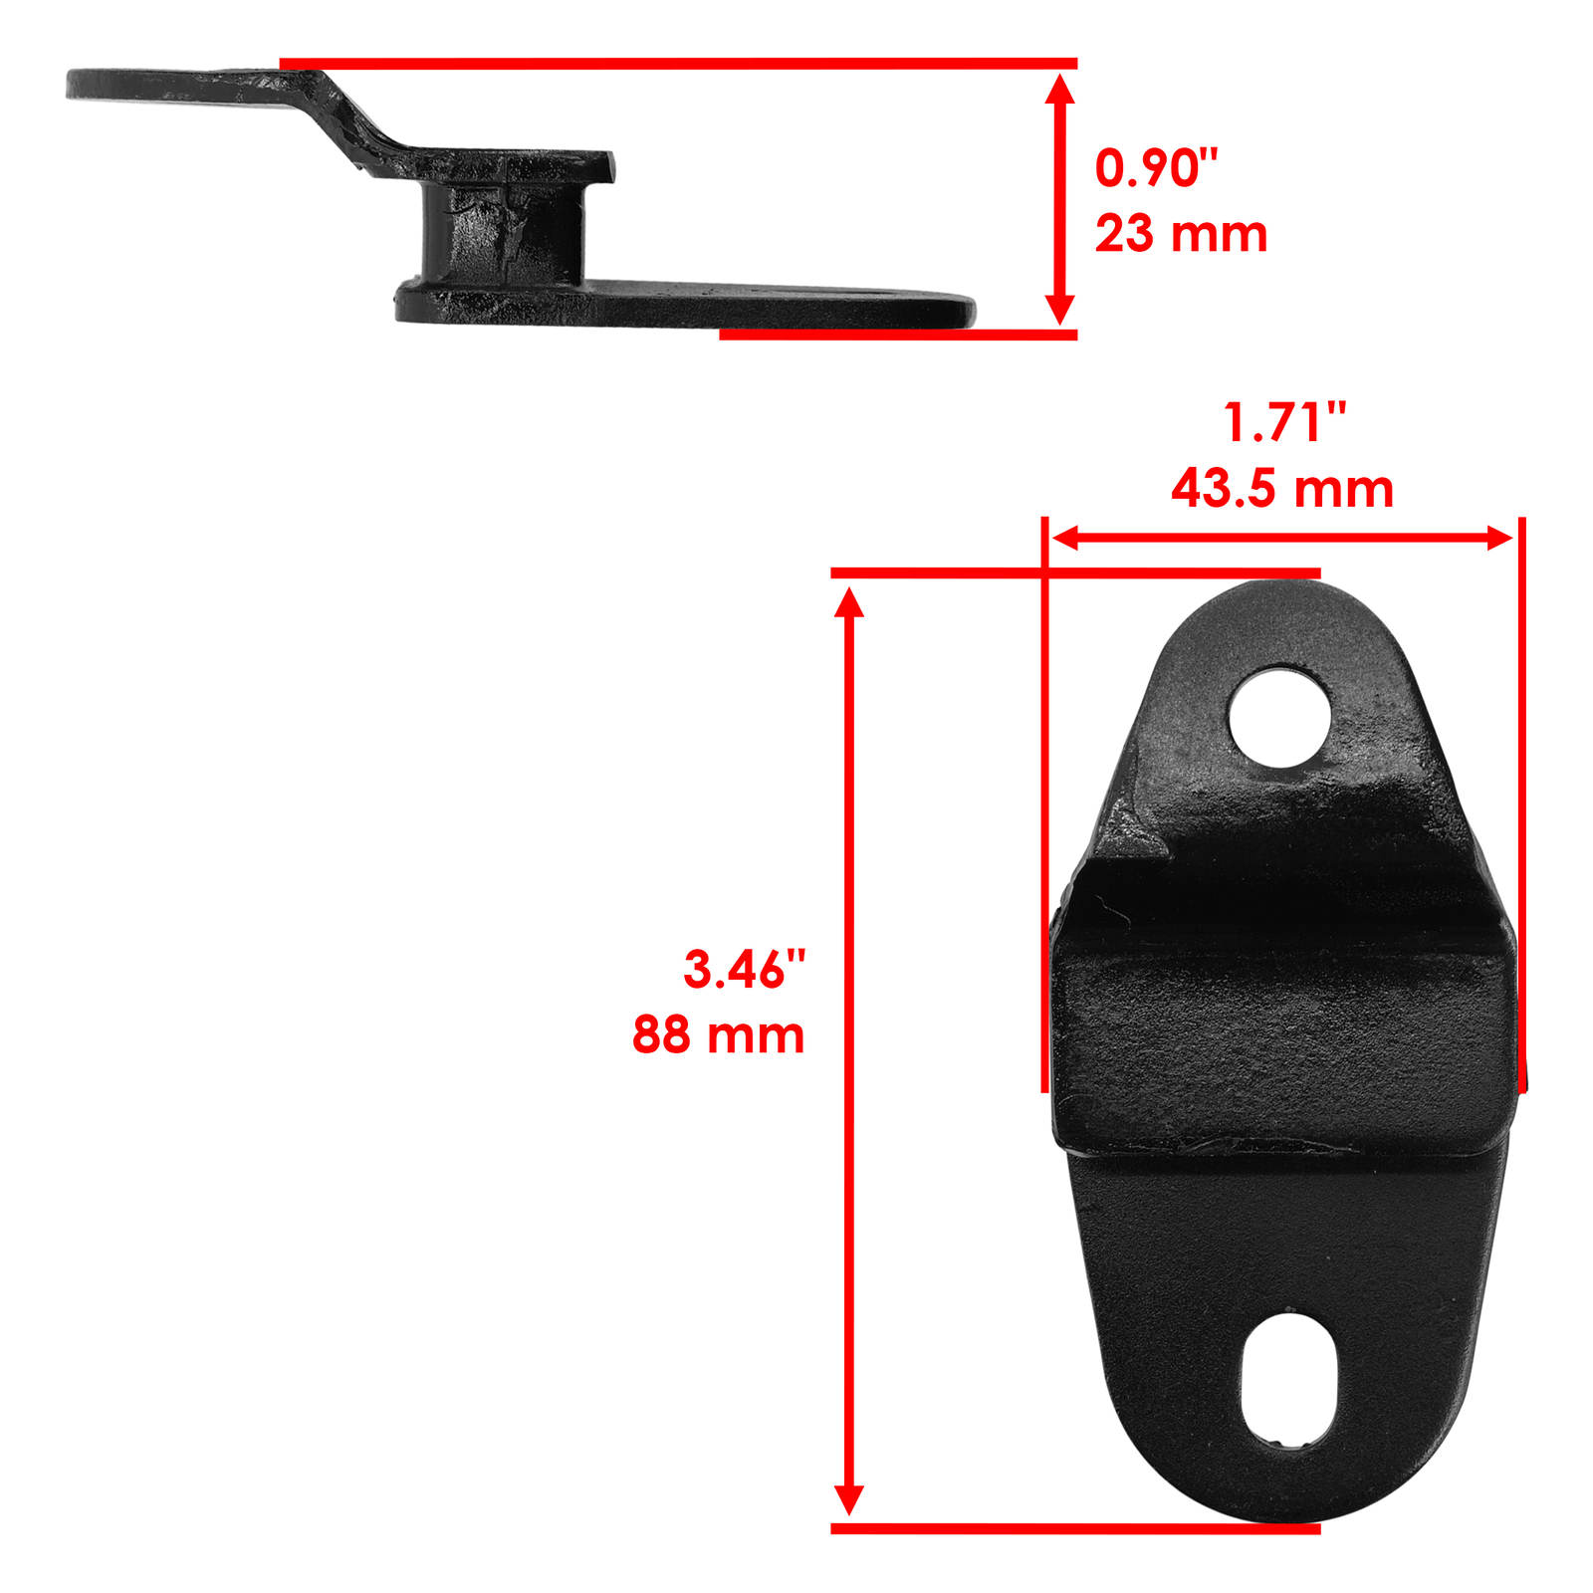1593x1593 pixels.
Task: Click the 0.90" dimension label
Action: click(1156, 168)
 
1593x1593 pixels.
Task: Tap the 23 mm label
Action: click(1181, 234)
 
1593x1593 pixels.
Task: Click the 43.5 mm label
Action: click(1282, 489)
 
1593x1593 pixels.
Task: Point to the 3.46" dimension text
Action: click(744, 969)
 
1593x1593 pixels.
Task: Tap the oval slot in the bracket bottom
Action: click(1289, 1380)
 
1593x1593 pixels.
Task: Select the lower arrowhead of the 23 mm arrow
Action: click(1060, 310)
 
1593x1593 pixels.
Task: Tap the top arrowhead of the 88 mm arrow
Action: click(849, 602)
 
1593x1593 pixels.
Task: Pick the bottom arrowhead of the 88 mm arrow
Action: click(849, 1499)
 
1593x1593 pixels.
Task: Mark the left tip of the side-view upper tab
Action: click(73, 84)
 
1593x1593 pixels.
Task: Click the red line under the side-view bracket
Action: click(896, 336)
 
